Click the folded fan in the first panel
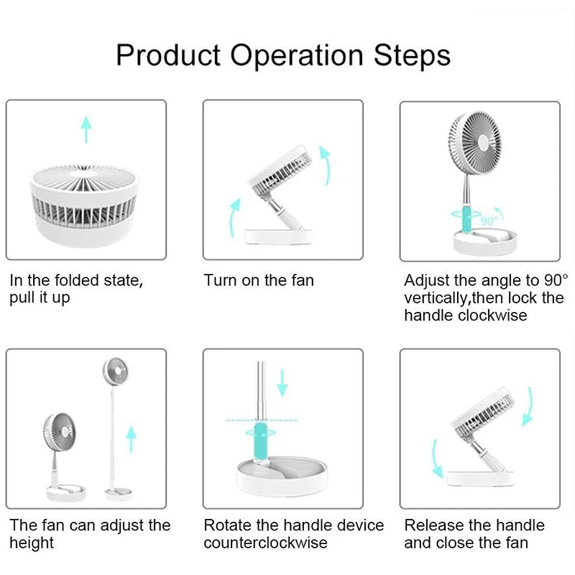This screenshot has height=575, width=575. [85, 203]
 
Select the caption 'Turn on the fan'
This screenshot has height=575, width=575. [259, 280]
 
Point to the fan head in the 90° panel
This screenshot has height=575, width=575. [474, 142]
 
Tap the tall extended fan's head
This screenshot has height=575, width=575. [115, 373]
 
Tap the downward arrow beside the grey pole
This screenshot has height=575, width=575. [282, 382]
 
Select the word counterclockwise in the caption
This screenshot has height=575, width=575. [265, 543]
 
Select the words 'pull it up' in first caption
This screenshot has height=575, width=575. [40, 298]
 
